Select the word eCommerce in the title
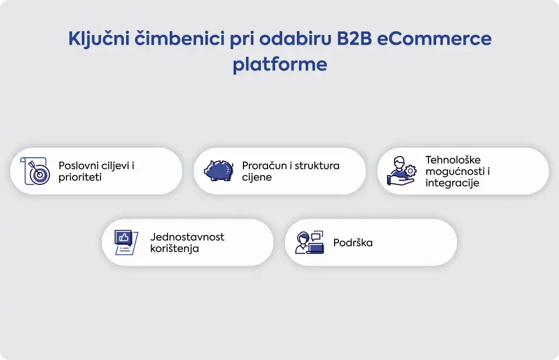[434, 39]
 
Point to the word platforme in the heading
[280, 65]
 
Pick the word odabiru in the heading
[295, 39]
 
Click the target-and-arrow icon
[35, 171]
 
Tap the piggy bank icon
[219, 171]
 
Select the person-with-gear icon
[402, 171]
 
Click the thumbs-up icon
[126, 242]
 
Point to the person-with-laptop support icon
[310, 242]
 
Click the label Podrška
[353, 243]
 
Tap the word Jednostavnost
[187, 237]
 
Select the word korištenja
[174, 249]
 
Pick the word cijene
[257, 177]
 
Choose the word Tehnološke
[453, 160]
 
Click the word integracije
[452, 183]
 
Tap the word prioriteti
[80, 177]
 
